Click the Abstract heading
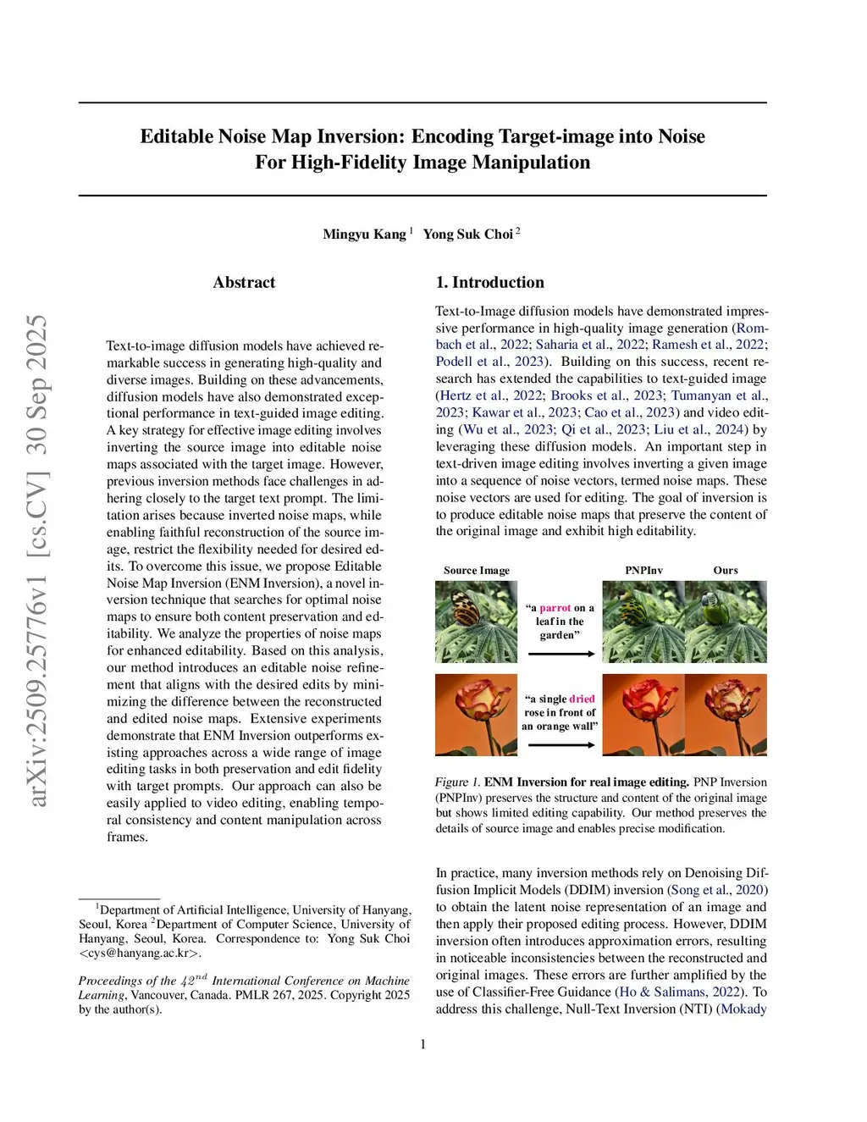(244, 282)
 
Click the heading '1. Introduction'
(489, 282)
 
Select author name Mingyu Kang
(364, 234)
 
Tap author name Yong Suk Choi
(468, 234)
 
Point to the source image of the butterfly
(476, 622)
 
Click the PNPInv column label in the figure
(643, 570)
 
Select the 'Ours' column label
(725, 570)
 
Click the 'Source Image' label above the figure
(477, 570)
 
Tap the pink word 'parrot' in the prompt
(555, 608)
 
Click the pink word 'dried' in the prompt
(582, 699)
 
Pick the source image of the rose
(476, 715)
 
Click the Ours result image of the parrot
(726, 622)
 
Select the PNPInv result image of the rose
(643, 715)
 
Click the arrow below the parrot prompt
(560, 654)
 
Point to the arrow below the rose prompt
(560, 745)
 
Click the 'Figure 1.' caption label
(457, 782)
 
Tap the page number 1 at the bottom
(422, 1044)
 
